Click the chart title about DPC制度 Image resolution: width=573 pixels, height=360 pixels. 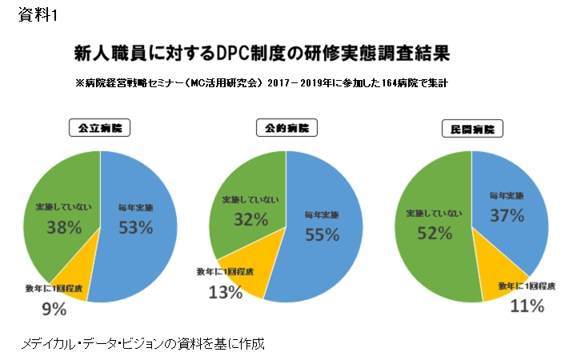click(x=261, y=54)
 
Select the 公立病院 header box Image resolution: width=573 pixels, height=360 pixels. click(x=99, y=127)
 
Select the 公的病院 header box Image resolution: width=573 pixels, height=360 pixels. click(x=286, y=127)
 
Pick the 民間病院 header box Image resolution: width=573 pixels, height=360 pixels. click(x=471, y=128)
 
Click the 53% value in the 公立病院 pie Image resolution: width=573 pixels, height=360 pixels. click(x=135, y=227)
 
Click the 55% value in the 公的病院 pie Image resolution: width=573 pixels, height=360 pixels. click(x=322, y=234)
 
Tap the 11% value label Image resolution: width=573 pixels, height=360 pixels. click(x=527, y=306)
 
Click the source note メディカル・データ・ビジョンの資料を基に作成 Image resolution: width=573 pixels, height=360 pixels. click(x=142, y=343)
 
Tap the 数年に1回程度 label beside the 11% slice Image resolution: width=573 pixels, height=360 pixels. click(x=527, y=286)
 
